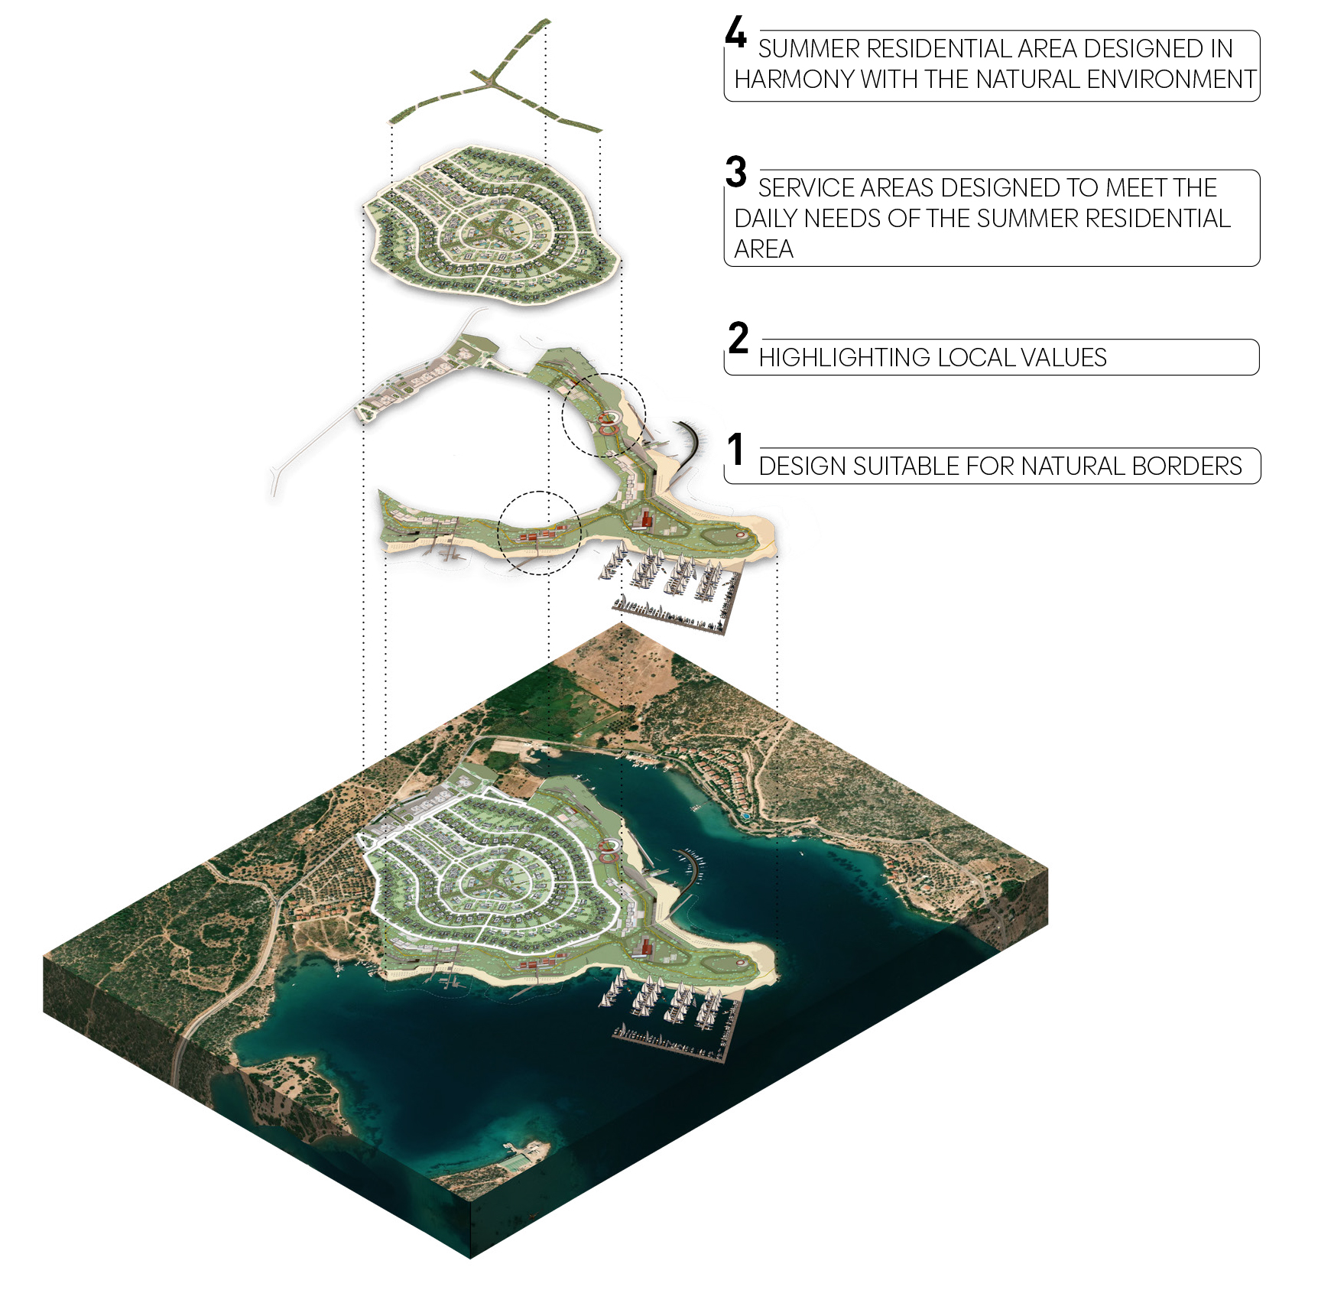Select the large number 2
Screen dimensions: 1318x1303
[738, 338]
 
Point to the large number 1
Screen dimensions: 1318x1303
[735, 449]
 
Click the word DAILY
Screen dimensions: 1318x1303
[766, 219]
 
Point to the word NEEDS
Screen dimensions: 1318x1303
[842, 219]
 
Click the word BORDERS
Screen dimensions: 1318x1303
[1187, 466]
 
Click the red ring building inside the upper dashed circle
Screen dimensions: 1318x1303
[609, 418]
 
